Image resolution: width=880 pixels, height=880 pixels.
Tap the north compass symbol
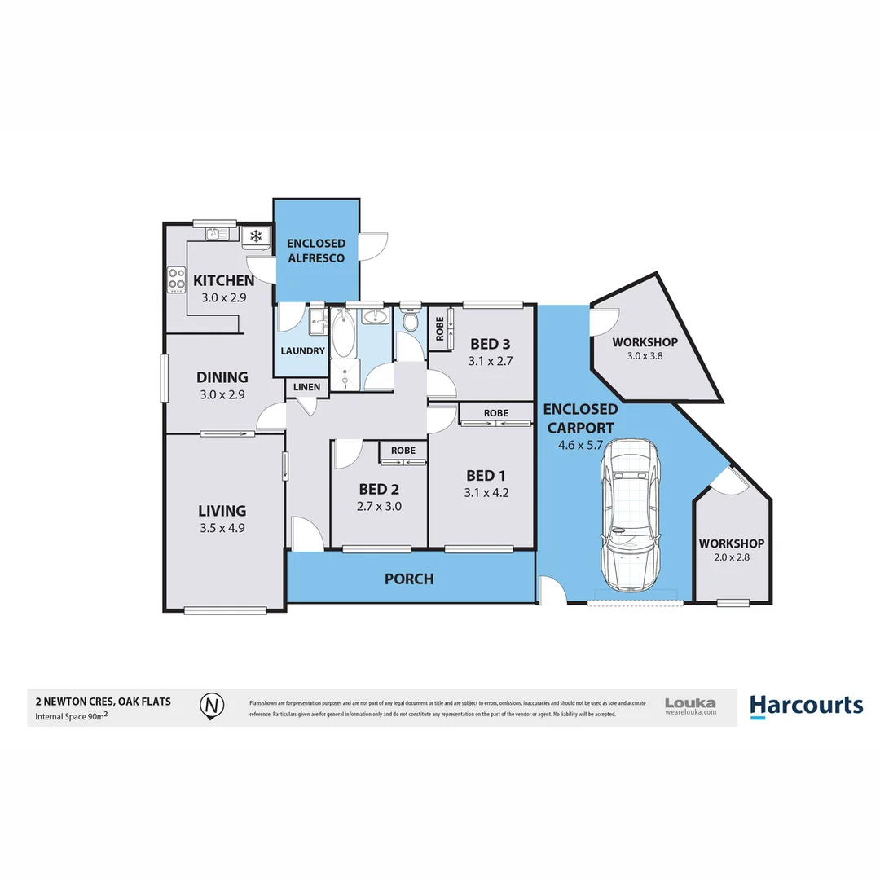tap(212, 704)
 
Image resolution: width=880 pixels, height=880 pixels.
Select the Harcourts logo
tap(805, 705)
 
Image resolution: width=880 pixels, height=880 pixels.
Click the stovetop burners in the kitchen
tap(177, 279)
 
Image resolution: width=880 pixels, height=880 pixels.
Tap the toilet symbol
tap(410, 319)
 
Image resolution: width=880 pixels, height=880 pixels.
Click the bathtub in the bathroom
tap(342, 336)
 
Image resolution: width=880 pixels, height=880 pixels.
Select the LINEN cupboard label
tap(307, 386)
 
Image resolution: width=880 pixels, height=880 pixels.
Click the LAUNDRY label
tap(303, 351)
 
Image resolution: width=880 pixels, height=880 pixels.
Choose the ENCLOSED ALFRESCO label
tap(316, 250)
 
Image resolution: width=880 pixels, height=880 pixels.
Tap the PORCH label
tap(409, 579)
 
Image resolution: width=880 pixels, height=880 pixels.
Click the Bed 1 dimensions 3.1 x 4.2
tap(487, 492)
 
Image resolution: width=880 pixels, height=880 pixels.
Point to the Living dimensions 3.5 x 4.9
tap(222, 527)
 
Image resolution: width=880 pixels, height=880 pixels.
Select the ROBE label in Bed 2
tap(403, 451)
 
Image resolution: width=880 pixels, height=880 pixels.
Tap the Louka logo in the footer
tap(690, 706)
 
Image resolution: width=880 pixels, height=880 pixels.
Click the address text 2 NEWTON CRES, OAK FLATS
tap(103, 701)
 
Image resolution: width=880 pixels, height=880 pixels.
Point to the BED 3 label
tap(490, 343)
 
